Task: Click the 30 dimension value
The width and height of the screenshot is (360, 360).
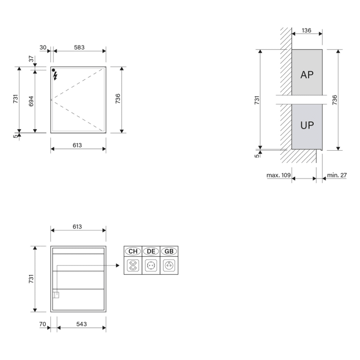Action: [43, 47]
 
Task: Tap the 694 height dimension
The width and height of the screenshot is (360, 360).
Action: [31, 100]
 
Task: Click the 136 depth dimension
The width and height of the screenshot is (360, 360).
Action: [307, 30]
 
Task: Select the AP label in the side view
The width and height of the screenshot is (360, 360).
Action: [307, 74]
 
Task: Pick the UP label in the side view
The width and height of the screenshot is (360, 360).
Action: [307, 125]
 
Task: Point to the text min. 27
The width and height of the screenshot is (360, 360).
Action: [337, 175]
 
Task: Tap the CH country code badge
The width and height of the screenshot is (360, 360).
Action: [133, 251]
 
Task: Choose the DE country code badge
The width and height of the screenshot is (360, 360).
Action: [151, 251]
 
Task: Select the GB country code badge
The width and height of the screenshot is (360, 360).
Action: [169, 251]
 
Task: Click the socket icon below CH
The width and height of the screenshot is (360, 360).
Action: [133, 266]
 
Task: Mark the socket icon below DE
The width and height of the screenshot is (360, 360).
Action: [151, 266]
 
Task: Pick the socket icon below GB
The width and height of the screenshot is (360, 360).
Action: [169, 266]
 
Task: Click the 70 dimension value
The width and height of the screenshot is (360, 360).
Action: [43, 324]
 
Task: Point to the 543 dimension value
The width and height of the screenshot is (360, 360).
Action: [81, 324]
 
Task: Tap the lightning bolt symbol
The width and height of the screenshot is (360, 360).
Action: [56, 76]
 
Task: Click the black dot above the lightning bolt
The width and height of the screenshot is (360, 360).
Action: [53, 69]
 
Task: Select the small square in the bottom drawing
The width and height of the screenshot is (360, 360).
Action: [56, 295]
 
